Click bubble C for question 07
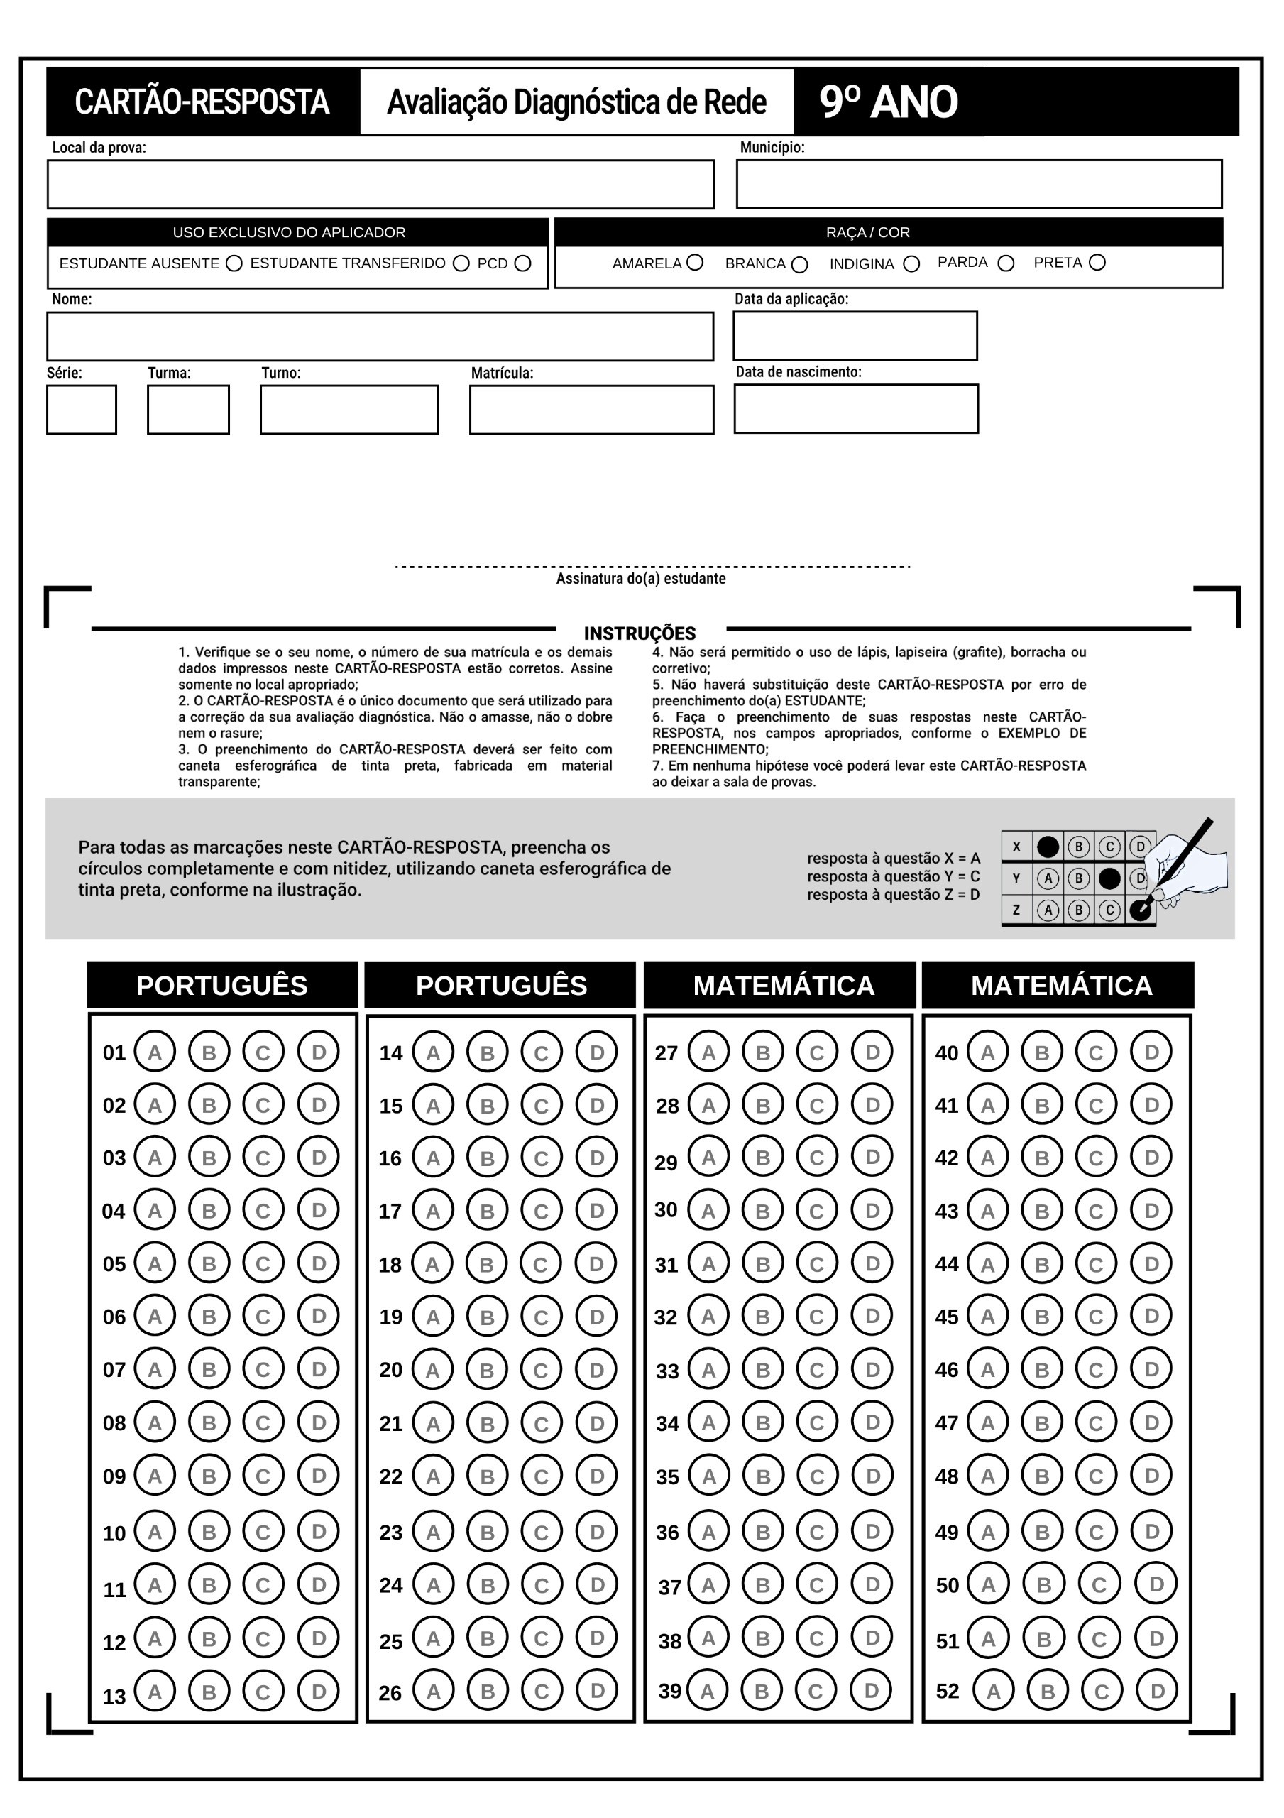pyautogui.click(x=263, y=1369)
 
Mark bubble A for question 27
pyautogui.click(x=708, y=1052)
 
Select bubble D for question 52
pyautogui.click(x=1156, y=1690)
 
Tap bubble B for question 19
pyautogui.click(x=487, y=1316)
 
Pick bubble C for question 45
pyautogui.click(x=1096, y=1316)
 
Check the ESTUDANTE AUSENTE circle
pyautogui.click(x=234, y=263)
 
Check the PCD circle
pyautogui.click(x=522, y=263)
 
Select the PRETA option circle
pyautogui.click(x=1097, y=262)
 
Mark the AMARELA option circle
pyautogui.click(x=695, y=262)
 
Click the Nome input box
pyautogui.click(x=380, y=337)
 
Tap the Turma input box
pyautogui.click(x=188, y=409)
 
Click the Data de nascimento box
pyautogui.click(x=856, y=408)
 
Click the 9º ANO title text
pyautogui.click(x=888, y=102)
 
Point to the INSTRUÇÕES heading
pyautogui.click(x=640, y=633)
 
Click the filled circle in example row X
pyautogui.click(x=1048, y=847)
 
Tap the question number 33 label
pyautogui.click(x=667, y=1371)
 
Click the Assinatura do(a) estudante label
pyautogui.click(x=640, y=579)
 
